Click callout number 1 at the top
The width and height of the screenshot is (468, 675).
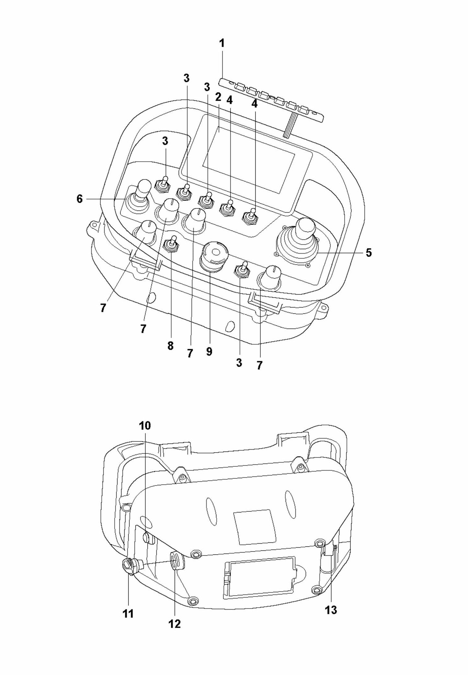[x=222, y=43]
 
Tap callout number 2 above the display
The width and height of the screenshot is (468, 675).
[x=218, y=97]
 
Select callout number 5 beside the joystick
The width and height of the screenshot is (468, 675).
[x=369, y=252]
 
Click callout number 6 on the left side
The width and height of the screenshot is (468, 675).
[x=80, y=199]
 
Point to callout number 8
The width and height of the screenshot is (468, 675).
[x=170, y=346]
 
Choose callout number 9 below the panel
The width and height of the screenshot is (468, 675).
[x=209, y=351]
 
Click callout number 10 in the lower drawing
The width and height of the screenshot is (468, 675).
[x=145, y=425]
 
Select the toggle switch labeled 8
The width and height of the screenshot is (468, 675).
[x=171, y=244]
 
